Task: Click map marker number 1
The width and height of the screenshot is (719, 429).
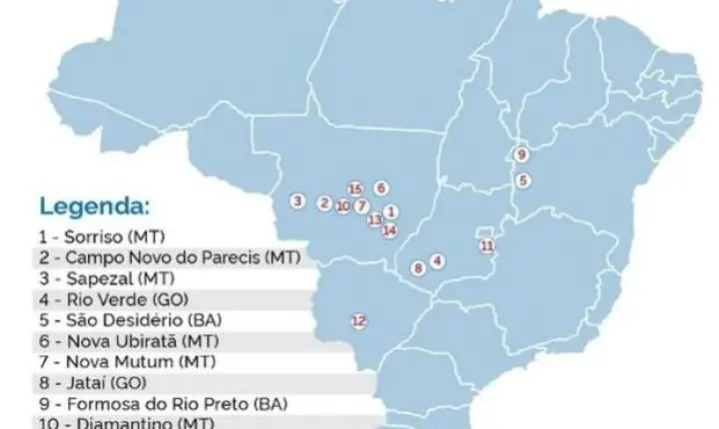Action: (391, 211)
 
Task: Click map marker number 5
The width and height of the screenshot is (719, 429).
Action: (522, 181)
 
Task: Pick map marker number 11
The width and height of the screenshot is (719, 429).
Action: (380, 187)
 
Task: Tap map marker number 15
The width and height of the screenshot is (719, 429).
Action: (418, 267)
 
